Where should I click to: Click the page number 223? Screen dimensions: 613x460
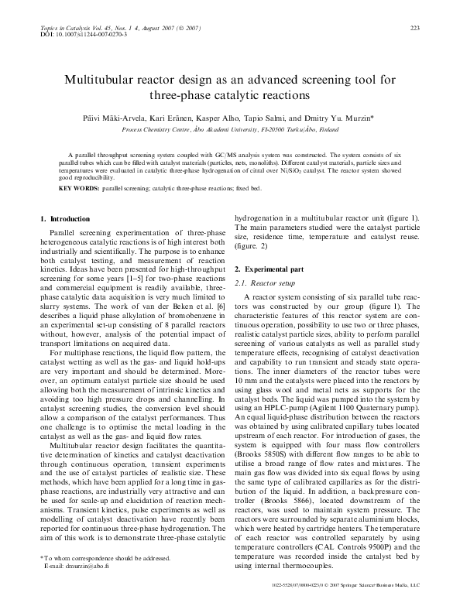(414, 29)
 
